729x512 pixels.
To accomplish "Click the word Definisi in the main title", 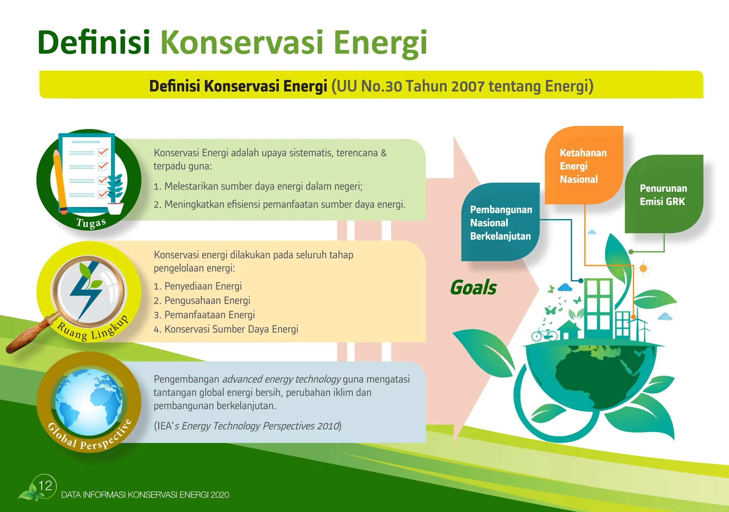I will tap(94, 43).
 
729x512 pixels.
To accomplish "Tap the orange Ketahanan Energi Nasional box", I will tap(583, 166).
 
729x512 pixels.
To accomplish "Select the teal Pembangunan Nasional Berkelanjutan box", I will tap(500, 223).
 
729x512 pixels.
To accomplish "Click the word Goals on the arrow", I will tap(473, 287).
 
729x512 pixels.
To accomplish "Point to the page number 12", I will tap(45, 485).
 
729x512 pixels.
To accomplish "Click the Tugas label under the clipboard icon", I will tap(91, 223).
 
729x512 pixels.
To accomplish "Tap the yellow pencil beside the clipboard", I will tap(59, 181).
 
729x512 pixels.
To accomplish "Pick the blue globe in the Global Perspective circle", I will tap(89, 402).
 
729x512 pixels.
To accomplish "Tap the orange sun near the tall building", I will tap(643, 268).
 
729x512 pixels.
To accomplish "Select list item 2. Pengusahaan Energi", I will tap(202, 301).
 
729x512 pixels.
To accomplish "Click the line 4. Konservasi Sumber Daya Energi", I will tap(226, 329).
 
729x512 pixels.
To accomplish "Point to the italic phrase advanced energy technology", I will tap(282, 379).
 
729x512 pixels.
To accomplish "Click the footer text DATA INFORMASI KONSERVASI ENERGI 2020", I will tap(145, 495).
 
